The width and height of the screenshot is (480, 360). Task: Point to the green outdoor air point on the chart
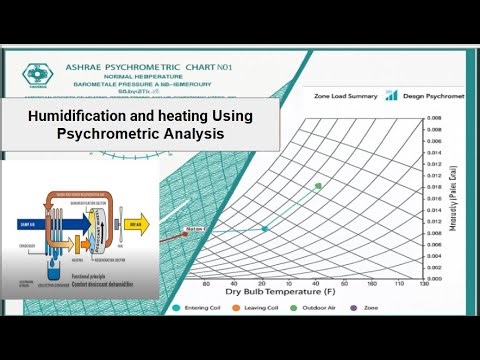(318, 186)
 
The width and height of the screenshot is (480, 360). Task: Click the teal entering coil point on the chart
(265, 229)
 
